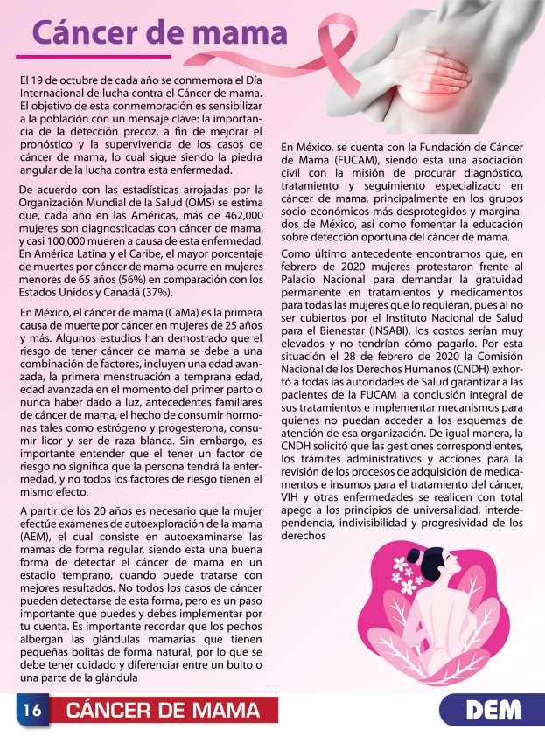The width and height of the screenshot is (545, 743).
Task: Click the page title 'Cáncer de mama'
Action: pos(159,34)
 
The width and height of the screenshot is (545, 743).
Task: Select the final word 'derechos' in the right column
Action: pos(305,536)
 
